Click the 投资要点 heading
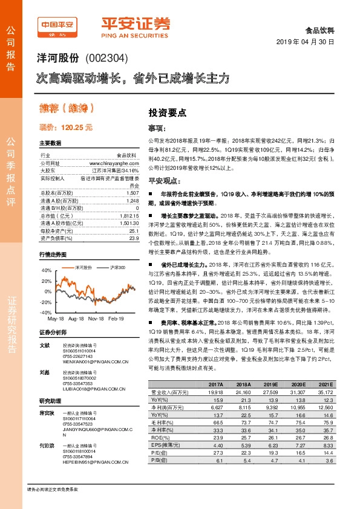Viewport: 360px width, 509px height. point(167,113)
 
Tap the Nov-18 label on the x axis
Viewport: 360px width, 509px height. point(96,317)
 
